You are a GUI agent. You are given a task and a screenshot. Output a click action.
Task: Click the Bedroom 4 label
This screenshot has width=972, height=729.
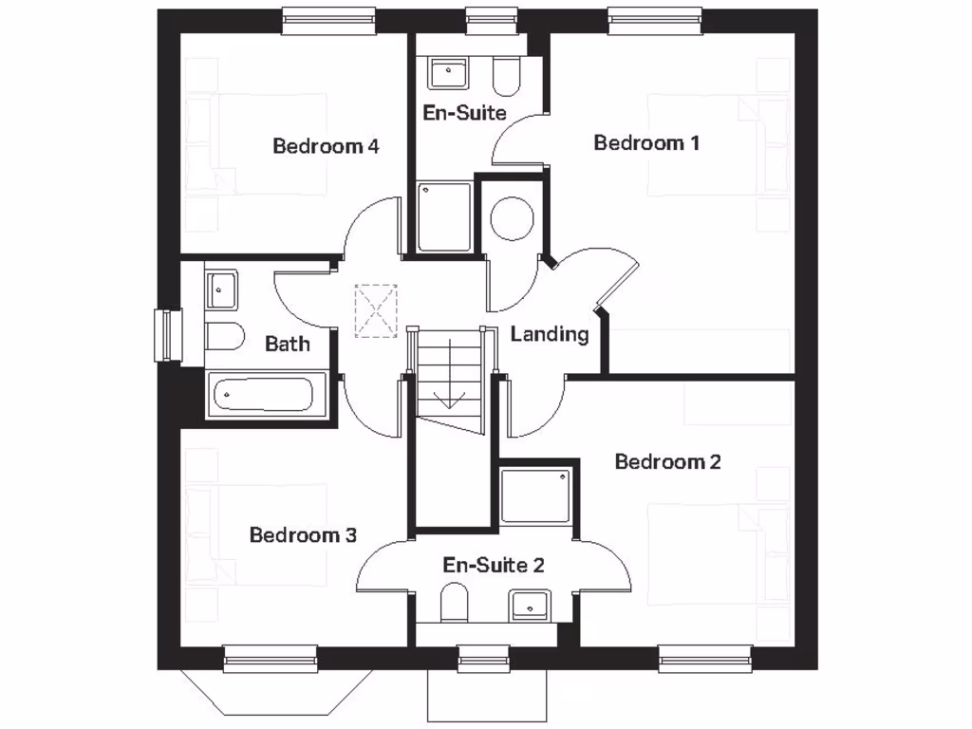point(326,146)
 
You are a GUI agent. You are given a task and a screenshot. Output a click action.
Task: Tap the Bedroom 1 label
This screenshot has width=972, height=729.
point(646,143)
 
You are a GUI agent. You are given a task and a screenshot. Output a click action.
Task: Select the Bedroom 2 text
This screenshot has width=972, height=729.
point(667,462)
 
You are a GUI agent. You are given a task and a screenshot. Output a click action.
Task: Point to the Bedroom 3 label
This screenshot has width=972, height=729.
point(303,535)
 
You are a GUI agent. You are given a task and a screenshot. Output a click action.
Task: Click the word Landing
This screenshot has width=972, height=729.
point(550,334)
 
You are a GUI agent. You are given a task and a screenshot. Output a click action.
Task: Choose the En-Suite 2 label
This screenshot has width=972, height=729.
point(494,566)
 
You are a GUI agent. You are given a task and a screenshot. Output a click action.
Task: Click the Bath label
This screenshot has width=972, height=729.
point(287,343)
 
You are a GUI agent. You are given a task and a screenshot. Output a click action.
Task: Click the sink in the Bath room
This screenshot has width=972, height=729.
point(221,289)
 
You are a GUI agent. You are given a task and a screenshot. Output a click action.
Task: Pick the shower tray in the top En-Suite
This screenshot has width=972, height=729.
point(444,217)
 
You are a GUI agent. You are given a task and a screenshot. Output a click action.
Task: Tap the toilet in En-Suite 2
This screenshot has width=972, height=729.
point(455,602)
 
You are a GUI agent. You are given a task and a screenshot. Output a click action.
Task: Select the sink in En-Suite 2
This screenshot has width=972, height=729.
point(530,604)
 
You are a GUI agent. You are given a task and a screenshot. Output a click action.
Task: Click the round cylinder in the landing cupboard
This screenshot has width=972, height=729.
point(511,216)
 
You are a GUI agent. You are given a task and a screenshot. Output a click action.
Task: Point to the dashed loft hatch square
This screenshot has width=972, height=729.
point(376,310)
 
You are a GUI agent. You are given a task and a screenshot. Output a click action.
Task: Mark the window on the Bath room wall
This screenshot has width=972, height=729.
point(168,335)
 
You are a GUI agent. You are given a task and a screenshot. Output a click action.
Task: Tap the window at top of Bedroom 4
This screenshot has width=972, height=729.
point(329,20)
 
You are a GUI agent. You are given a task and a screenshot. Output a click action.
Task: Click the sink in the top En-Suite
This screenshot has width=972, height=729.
point(447,73)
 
